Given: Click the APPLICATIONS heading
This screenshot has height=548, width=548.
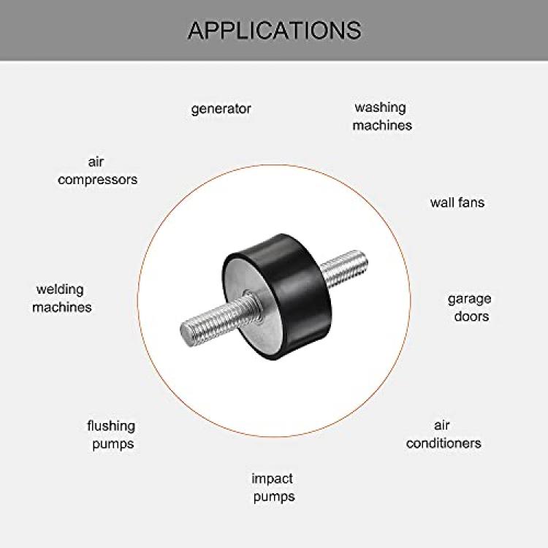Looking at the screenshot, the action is pyautogui.click(x=274, y=31).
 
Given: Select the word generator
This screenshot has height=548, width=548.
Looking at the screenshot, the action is pyautogui.click(x=221, y=109).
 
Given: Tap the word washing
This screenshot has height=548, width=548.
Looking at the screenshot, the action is pyautogui.click(x=380, y=107).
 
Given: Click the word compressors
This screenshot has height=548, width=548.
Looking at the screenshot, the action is pyautogui.click(x=97, y=180).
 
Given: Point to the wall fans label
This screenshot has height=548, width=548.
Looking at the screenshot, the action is pyautogui.click(x=457, y=202).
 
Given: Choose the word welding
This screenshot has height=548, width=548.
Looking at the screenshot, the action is pyautogui.click(x=60, y=290).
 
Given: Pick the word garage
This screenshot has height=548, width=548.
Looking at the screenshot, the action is pyautogui.click(x=469, y=299).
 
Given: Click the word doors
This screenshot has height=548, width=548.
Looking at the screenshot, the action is pyautogui.click(x=471, y=316).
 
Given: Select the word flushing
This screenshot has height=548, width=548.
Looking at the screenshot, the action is pyautogui.click(x=111, y=426).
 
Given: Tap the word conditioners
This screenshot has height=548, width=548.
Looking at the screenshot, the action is pyautogui.click(x=444, y=444).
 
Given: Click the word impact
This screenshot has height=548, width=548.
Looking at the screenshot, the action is pyautogui.click(x=273, y=479).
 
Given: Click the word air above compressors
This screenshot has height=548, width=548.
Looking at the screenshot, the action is pyautogui.click(x=96, y=161).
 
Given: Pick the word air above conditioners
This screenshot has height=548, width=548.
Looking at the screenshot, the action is pyautogui.click(x=442, y=425).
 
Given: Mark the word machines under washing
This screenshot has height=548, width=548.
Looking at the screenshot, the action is pyautogui.click(x=382, y=125).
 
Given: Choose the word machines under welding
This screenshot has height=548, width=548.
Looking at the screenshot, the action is pyautogui.click(x=62, y=307).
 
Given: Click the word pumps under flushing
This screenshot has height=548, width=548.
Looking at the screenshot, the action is pyautogui.click(x=113, y=444).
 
